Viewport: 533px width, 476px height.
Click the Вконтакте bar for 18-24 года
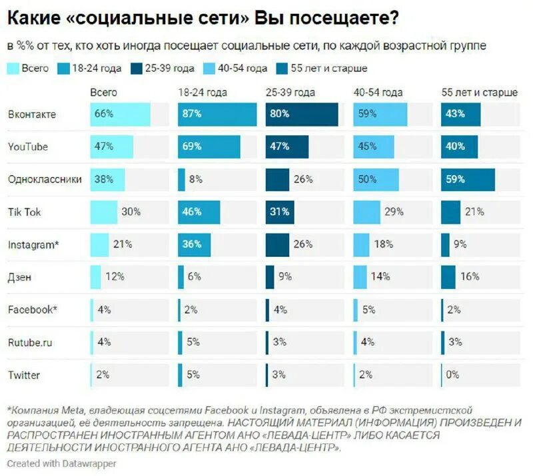[x=217, y=114]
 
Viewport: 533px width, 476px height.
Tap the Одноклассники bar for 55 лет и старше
[x=468, y=179]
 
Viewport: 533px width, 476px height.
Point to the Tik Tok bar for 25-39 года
[x=278, y=212]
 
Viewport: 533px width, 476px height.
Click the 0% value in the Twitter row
[x=452, y=374]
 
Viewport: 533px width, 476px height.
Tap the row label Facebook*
[x=33, y=310]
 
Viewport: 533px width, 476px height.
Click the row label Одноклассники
[x=45, y=179]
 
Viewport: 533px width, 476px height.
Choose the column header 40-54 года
[x=378, y=93]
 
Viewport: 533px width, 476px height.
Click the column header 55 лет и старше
[x=479, y=93]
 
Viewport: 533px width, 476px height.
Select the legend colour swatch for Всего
[x=13, y=68]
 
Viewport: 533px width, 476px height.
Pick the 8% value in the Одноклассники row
[x=195, y=179]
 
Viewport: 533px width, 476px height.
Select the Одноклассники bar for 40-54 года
[x=376, y=179]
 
